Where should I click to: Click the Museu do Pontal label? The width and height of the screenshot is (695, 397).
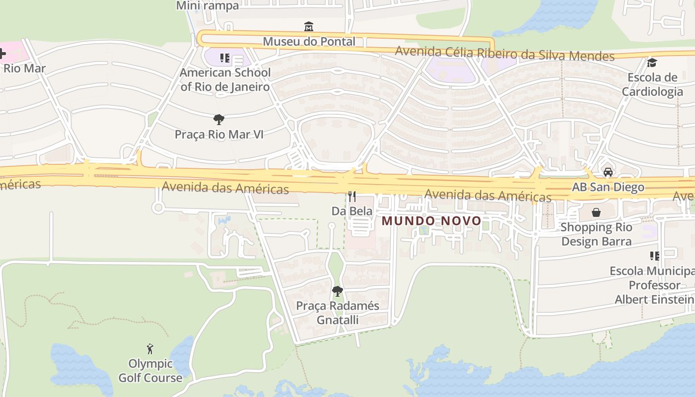[x=309, y=42]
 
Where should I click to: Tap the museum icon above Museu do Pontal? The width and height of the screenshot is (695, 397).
[x=309, y=26]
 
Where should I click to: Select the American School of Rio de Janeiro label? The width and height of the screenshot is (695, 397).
[x=225, y=80]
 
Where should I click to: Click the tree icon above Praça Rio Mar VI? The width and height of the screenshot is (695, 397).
[x=218, y=119]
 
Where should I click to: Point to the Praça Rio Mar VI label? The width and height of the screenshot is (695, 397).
[x=218, y=134]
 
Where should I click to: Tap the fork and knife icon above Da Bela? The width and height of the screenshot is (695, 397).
[x=352, y=197]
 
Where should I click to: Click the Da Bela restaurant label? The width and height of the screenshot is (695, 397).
[x=352, y=211]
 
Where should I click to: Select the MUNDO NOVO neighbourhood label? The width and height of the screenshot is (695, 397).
[x=431, y=221]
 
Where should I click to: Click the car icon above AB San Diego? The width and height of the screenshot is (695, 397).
[x=608, y=172]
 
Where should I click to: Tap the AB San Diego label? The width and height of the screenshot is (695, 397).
[x=608, y=188]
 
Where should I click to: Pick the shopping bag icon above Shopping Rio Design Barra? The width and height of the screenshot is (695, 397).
[x=596, y=212]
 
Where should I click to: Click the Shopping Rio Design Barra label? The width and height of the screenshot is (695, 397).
[x=596, y=234]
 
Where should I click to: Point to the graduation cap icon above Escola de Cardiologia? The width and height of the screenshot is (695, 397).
[x=652, y=63]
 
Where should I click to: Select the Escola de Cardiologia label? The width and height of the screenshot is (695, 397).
[x=652, y=84]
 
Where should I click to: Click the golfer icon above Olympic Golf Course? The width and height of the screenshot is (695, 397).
[x=150, y=349]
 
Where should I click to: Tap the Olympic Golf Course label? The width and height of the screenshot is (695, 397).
[x=150, y=371]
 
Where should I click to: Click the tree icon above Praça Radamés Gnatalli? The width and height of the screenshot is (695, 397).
[x=338, y=291]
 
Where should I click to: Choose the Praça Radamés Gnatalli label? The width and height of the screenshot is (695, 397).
[x=338, y=313]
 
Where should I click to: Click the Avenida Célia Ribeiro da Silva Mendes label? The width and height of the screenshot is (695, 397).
[x=504, y=54]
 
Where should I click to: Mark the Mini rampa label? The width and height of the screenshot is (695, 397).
[x=208, y=6]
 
